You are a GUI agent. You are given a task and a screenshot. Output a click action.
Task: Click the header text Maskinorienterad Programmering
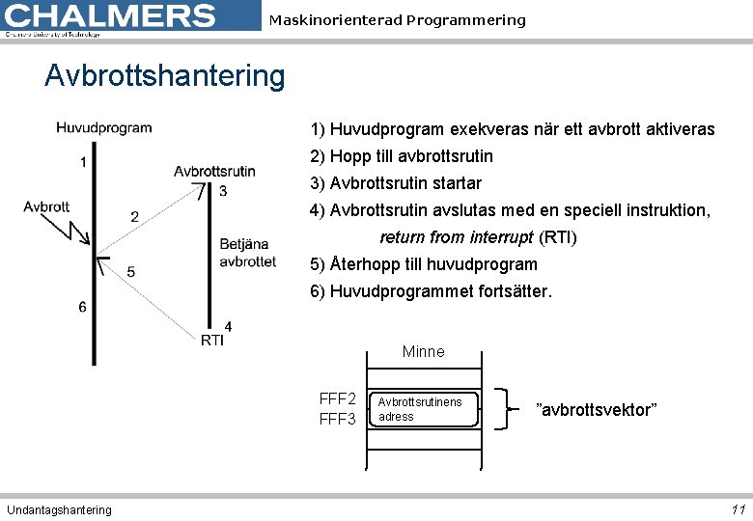[x=397, y=20]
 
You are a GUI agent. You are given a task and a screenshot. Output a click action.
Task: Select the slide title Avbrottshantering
[x=164, y=75]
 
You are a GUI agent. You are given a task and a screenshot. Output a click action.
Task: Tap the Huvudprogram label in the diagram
[x=103, y=127]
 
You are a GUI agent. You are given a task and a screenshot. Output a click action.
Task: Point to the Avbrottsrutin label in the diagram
[x=214, y=171]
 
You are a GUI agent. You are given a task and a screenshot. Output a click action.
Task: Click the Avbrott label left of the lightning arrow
[x=46, y=206]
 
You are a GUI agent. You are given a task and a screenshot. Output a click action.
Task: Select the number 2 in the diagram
[x=134, y=216]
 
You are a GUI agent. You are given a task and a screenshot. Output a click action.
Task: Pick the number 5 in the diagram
[x=130, y=272]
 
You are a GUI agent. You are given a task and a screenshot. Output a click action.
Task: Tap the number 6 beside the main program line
[x=82, y=307]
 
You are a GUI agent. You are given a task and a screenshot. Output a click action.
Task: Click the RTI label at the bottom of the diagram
[x=212, y=340]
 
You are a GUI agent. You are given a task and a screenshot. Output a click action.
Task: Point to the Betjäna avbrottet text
[x=247, y=253]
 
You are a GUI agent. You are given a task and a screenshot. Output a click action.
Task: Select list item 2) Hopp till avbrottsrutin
[x=401, y=156]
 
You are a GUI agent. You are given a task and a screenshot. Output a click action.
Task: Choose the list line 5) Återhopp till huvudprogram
[x=423, y=264]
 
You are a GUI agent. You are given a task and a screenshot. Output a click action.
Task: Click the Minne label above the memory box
[x=423, y=352]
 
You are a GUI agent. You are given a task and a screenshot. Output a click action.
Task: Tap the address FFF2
[x=338, y=399]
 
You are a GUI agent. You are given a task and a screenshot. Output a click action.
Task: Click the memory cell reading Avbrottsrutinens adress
[x=423, y=409]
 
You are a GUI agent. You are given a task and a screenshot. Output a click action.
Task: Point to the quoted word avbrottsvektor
[x=596, y=410]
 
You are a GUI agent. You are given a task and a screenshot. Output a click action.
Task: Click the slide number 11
[x=738, y=509]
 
